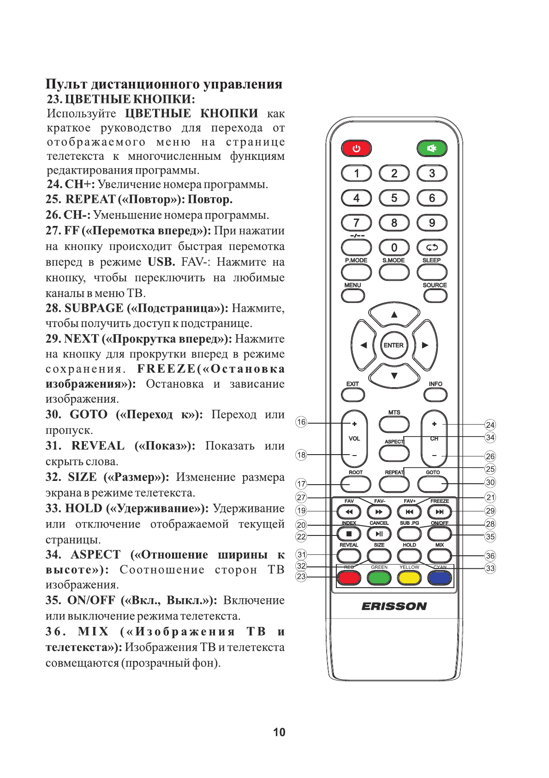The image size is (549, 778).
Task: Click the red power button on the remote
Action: pos(356,148)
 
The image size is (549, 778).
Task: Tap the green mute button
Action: pos(432,148)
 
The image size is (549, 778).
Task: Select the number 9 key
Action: pos(432,223)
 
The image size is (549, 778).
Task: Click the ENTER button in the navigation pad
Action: pos(394,345)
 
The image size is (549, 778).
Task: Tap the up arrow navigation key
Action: pos(394,315)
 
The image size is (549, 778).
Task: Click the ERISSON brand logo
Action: pos(394,606)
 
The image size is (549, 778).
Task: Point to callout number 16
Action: pos(301,422)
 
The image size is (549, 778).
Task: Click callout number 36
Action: pos(490,556)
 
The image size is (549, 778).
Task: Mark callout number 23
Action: pos(301,576)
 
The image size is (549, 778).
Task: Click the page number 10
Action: pos(279,732)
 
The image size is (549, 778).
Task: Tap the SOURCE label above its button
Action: pos(435,285)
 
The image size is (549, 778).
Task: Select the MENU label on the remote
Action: pos(352,285)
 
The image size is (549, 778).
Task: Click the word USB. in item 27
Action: pos(161,262)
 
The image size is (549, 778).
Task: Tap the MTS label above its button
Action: pos(394,412)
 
